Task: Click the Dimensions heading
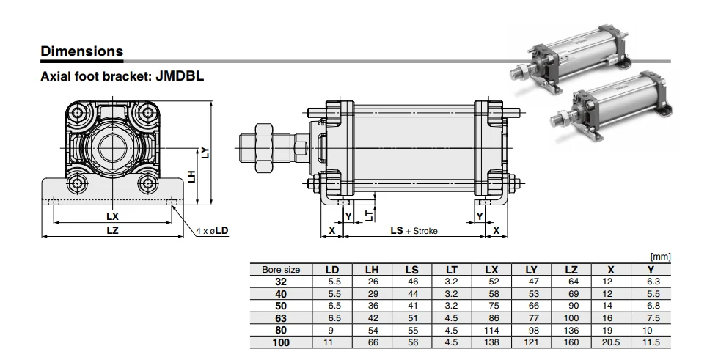pyautogui.click(x=81, y=51)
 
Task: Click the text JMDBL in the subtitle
pyautogui.click(x=180, y=75)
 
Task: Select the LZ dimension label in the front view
pyautogui.click(x=112, y=229)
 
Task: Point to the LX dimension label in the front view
pyautogui.click(x=112, y=216)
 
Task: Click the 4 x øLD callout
pyautogui.click(x=213, y=230)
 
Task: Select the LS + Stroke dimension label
pyautogui.click(x=414, y=231)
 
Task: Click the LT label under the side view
pyautogui.click(x=369, y=214)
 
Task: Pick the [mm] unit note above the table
pyautogui.click(x=660, y=257)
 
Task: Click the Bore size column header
pyautogui.click(x=281, y=270)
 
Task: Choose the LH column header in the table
pyautogui.click(x=372, y=270)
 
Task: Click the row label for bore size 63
pyautogui.click(x=281, y=318)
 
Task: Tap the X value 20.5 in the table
pyautogui.click(x=610, y=342)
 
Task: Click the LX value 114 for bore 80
pyautogui.click(x=491, y=331)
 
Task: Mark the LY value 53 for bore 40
pyautogui.click(x=531, y=294)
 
